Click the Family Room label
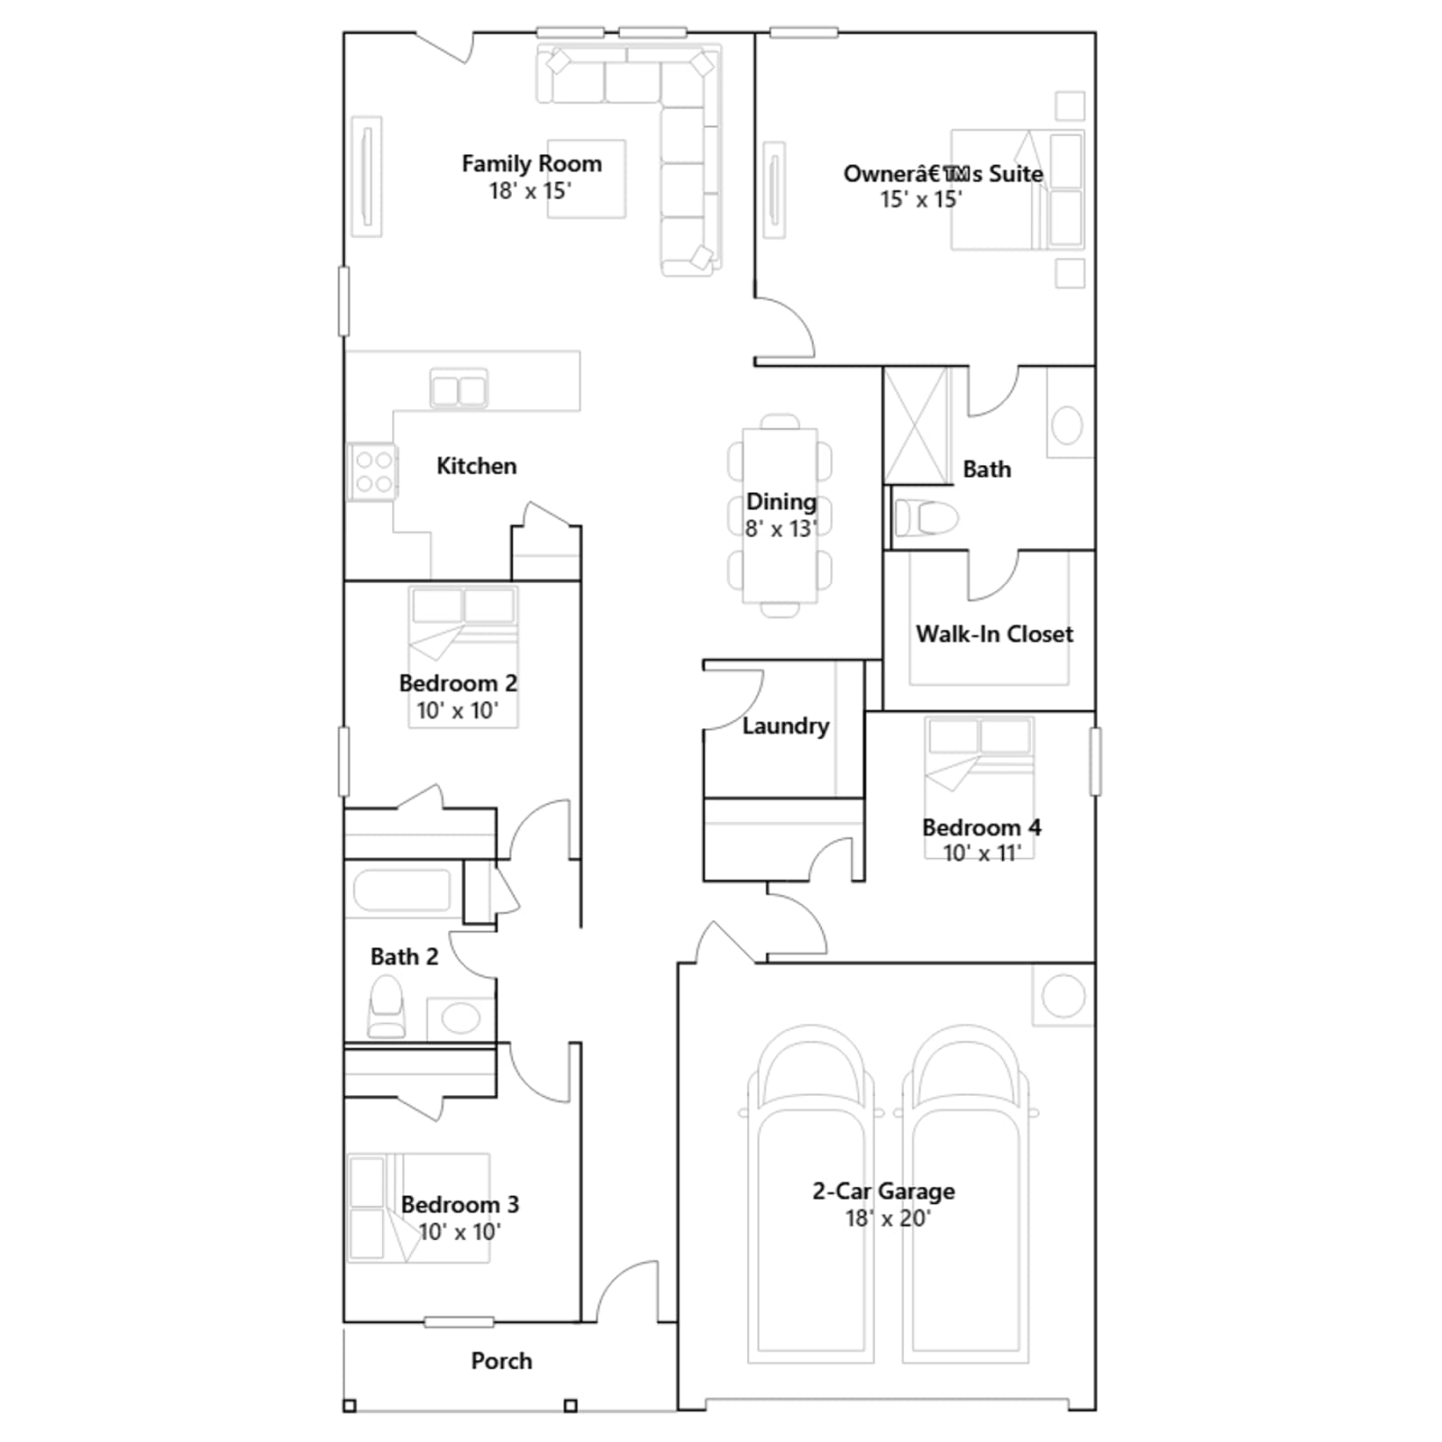[x=532, y=164]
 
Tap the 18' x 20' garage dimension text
[x=888, y=1218]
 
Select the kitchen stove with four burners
[x=372, y=471]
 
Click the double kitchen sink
[x=459, y=389]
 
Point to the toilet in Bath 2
[x=387, y=1008]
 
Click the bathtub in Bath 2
[x=402, y=890]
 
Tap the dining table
[x=780, y=516]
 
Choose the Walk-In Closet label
[x=995, y=634]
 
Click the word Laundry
[x=786, y=726]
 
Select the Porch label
[x=502, y=1361]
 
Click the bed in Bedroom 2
[x=463, y=657]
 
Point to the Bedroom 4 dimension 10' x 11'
[x=982, y=853]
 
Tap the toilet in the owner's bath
[x=926, y=518]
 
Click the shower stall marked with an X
[x=917, y=425]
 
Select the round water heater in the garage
[x=1063, y=996]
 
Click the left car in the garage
[x=810, y=1193]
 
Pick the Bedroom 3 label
[x=460, y=1205]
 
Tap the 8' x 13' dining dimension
[x=781, y=529]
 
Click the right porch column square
[x=570, y=1405]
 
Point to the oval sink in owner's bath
[x=1067, y=425]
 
